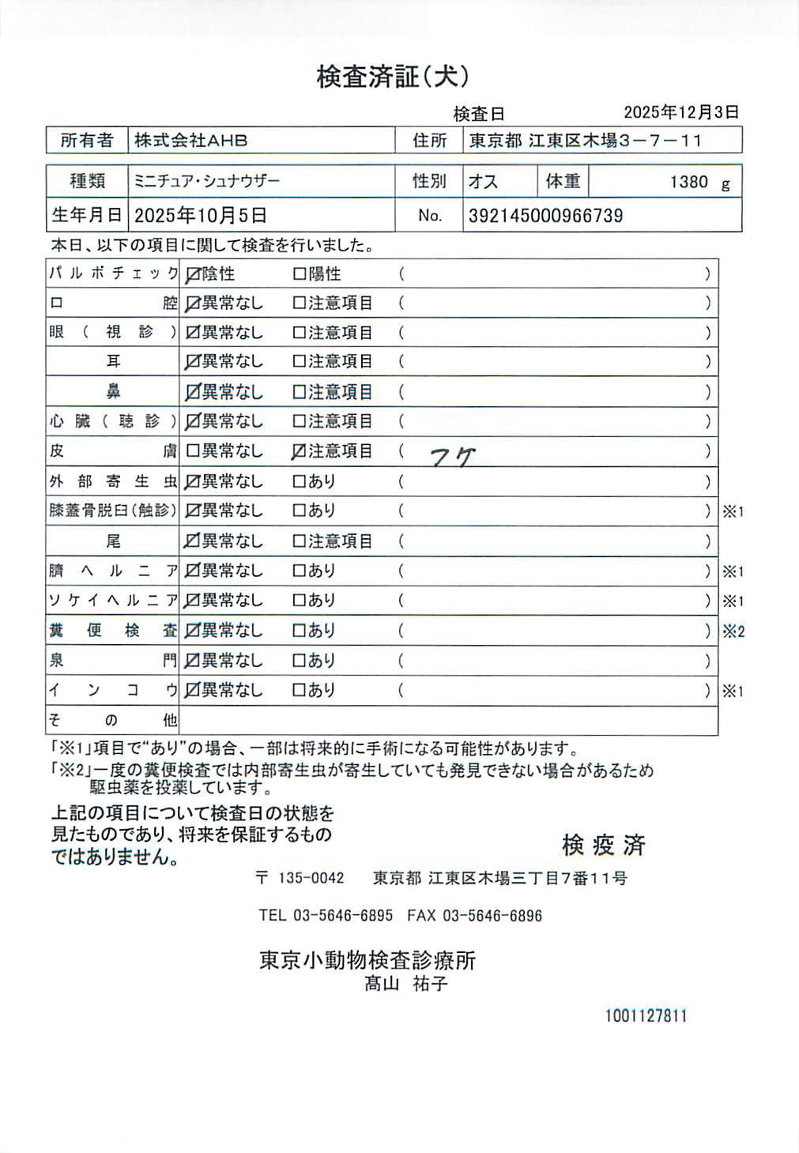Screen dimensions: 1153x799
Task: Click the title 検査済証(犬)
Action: [x=393, y=77]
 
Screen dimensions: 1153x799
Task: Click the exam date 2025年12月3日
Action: [x=681, y=112]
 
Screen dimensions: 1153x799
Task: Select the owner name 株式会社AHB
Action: [x=190, y=141]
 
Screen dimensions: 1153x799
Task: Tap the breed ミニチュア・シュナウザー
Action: [x=207, y=181]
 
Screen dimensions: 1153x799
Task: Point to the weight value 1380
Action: [x=688, y=182]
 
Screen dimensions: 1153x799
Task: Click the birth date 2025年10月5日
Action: [x=201, y=215]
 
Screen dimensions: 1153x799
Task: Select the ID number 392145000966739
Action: [x=545, y=216]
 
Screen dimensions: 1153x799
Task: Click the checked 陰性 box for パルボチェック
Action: [x=192, y=275]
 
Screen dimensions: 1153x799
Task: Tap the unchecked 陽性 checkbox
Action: [x=299, y=274]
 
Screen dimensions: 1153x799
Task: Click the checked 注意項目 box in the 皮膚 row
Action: [x=299, y=451]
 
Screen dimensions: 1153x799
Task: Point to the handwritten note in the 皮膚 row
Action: [x=453, y=456]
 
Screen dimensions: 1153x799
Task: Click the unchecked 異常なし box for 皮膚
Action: [x=192, y=451]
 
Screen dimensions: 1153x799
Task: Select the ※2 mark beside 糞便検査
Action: [x=733, y=631]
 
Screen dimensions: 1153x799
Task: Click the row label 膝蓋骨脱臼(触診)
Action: [x=113, y=511]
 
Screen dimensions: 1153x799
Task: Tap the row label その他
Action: [x=113, y=720]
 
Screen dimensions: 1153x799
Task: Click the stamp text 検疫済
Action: [x=604, y=845]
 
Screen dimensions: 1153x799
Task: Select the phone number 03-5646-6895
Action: [x=343, y=916]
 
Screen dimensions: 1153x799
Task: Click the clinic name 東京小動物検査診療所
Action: [x=367, y=960]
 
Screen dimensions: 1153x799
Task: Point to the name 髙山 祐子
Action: [x=406, y=984]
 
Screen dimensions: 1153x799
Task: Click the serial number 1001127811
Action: [x=646, y=1016]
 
